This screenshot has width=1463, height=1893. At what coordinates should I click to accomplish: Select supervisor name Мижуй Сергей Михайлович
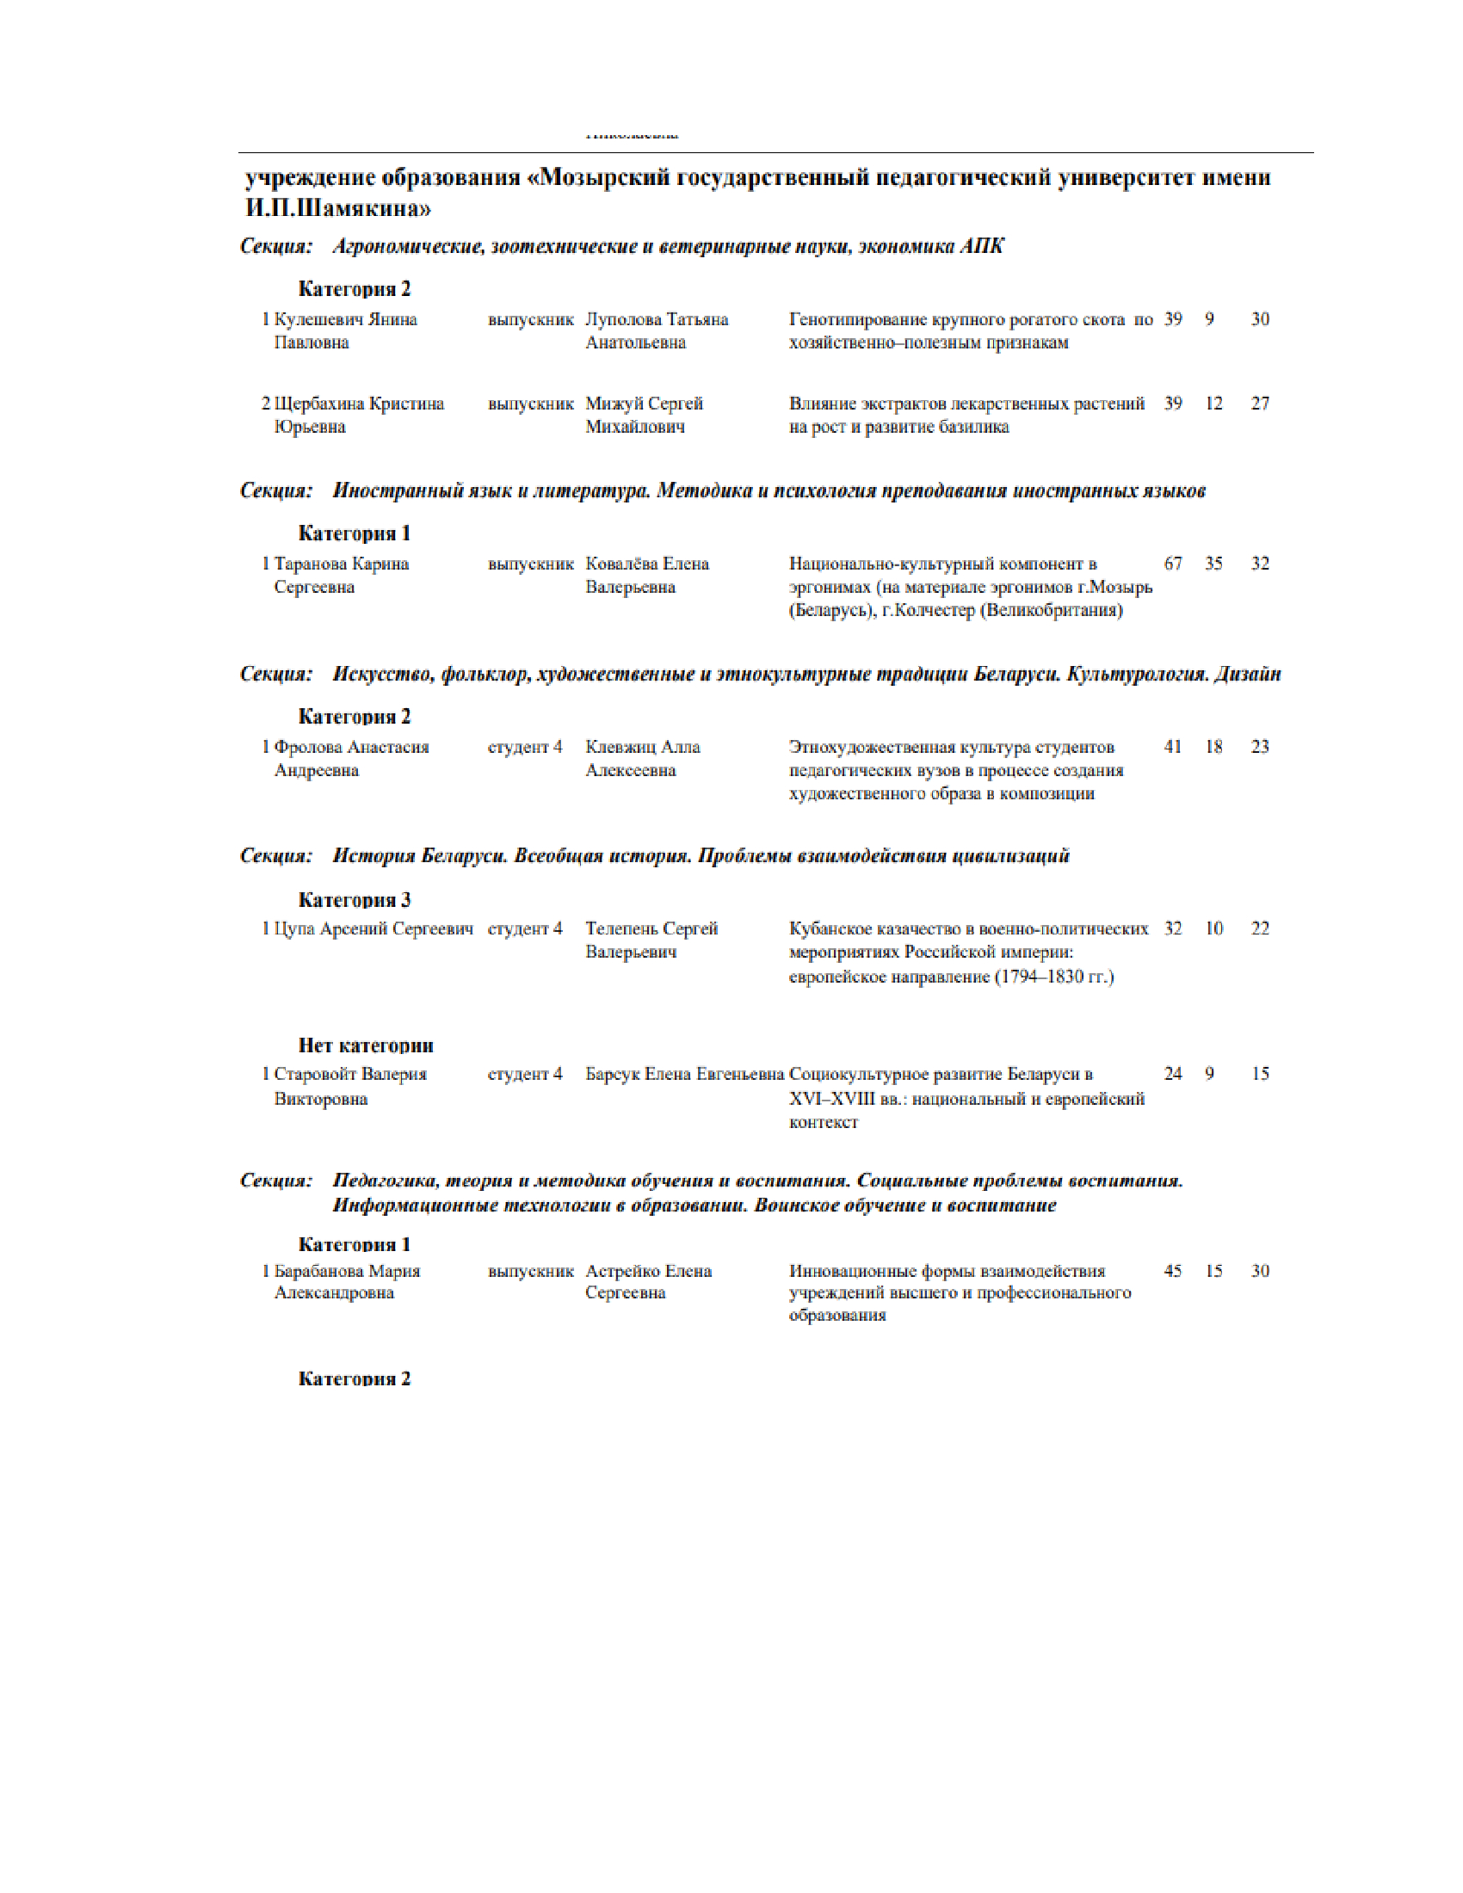tap(644, 416)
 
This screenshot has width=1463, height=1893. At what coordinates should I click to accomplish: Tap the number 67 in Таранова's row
tap(1173, 564)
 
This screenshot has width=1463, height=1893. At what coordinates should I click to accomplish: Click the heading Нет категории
tap(366, 1045)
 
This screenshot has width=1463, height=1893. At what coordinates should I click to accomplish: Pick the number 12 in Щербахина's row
tap(1213, 404)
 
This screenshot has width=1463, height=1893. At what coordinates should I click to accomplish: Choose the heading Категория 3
tap(355, 900)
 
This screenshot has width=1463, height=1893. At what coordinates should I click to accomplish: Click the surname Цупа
tap(293, 929)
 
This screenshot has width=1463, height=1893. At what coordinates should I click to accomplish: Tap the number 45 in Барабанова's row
tap(1173, 1272)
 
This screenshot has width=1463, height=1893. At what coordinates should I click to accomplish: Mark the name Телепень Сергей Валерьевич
tap(651, 940)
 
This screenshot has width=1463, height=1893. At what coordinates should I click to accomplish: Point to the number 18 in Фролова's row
tap(1213, 747)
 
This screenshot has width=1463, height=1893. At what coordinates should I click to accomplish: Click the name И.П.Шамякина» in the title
tap(338, 209)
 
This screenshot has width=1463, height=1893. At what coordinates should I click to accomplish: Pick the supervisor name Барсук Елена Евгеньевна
tap(685, 1075)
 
